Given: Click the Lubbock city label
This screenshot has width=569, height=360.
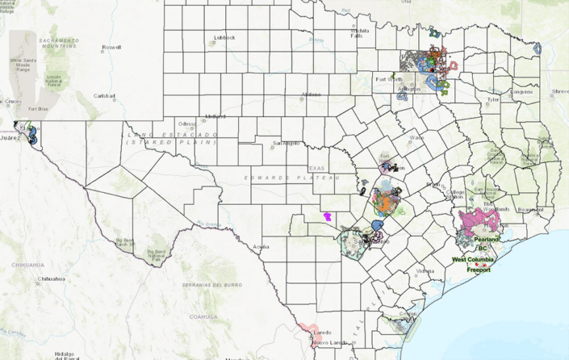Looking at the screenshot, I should [x=224, y=37].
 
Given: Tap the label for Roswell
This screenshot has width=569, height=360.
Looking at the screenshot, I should [x=111, y=48].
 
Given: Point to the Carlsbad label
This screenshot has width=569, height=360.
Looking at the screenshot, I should [x=105, y=96].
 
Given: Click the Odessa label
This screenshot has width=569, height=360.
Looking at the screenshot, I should [x=187, y=123].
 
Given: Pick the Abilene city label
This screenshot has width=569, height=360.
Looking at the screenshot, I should [x=311, y=94].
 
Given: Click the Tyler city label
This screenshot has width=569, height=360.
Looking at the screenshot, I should [x=493, y=100].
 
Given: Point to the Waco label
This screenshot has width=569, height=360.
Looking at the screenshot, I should [x=416, y=138].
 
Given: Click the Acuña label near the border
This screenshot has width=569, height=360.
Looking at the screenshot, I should [x=261, y=245].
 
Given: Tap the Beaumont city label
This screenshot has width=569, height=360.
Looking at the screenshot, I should [x=530, y=209].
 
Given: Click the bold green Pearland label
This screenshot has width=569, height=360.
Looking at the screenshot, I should [x=487, y=240].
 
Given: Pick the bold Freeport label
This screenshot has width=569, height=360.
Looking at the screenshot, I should [x=479, y=270].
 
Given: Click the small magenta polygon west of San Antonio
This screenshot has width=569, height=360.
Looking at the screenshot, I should [x=328, y=216].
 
